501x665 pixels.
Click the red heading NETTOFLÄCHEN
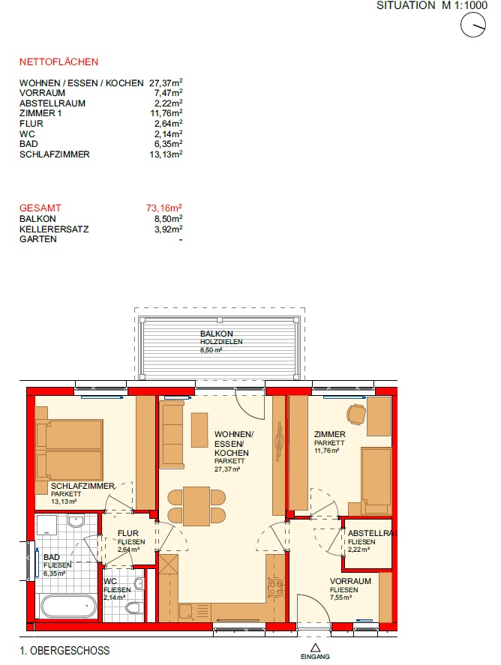pyautogui.click(x=58, y=62)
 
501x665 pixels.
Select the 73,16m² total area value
pyautogui.click(x=164, y=208)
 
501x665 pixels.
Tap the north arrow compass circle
pyautogui.click(x=473, y=25)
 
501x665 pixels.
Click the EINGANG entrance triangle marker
pyautogui.click(x=315, y=648)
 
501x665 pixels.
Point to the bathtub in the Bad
pyautogui.click(x=67, y=606)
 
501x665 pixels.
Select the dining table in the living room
pyautogui.click(x=196, y=506)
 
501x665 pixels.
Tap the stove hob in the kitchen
pyautogui.click(x=276, y=587)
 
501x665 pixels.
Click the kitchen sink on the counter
pyautogui.click(x=186, y=611)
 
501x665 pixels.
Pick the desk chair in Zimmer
pyautogui.click(x=356, y=415)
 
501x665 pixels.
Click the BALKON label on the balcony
pyautogui.click(x=216, y=334)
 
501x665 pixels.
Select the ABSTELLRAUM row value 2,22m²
pyautogui.click(x=169, y=103)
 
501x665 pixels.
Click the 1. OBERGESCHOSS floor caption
pyautogui.click(x=64, y=651)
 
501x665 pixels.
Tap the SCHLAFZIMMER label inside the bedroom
pyautogui.click(x=82, y=486)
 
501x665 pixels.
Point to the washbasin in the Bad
pyautogui.click(x=76, y=520)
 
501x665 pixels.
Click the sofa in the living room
pyautogui.click(x=172, y=434)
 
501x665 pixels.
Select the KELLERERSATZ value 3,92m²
pyautogui.click(x=169, y=229)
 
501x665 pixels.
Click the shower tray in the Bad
pyautogui.click(x=47, y=526)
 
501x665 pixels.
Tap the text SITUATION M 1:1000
pyautogui.click(x=432, y=5)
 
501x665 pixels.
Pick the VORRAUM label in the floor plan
pyautogui.click(x=350, y=581)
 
